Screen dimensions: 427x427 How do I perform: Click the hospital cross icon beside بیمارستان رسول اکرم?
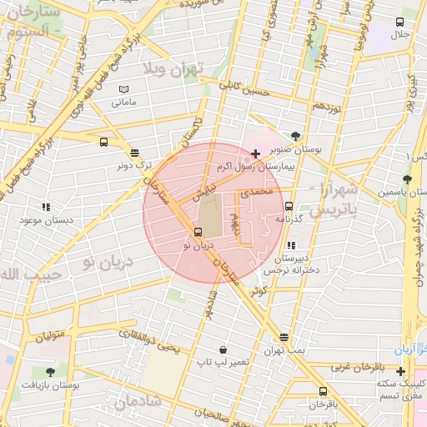click(x=254, y=153)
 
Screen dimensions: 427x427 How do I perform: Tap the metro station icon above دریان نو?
click(x=198, y=233)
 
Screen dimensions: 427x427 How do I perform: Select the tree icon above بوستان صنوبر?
click(x=296, y=136)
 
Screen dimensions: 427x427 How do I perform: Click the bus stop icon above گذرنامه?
click(x=289, y=206)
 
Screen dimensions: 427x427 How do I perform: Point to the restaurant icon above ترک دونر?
click(x=134, y=153)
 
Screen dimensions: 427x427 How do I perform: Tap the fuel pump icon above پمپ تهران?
click(x=284, y=338)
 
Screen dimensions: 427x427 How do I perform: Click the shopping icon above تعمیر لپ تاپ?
click(x=223, y=349)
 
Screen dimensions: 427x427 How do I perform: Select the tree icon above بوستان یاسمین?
click(x=407, y=178)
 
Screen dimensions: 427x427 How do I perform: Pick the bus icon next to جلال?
click(x=399, y=22)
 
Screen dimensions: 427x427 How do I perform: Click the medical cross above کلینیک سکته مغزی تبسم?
click(x=401, y=371)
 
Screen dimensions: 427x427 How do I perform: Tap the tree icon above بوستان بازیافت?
click(x=50, y=373)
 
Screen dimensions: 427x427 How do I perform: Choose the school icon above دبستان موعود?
click(x=46, y=207)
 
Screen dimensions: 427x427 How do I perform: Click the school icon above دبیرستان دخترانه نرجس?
click(x=291, y=245)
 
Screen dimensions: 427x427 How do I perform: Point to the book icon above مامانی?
click(x=123, y=89)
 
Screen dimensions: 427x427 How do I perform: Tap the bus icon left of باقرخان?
click(x=323, y=391)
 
